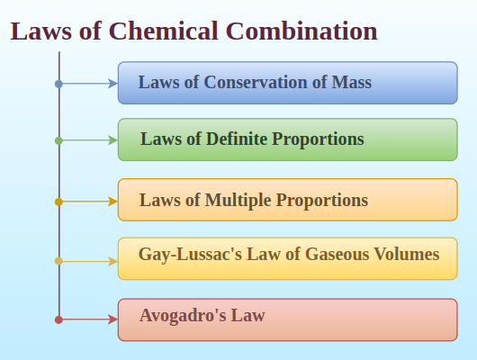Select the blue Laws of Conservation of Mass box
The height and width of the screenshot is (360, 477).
[x=287, y=83]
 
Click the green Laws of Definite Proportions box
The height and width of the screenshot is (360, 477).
[x=287, y=139]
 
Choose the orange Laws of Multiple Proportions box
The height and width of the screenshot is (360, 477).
[x=287, y=200]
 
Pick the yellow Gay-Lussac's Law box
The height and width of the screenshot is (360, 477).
[x=287, y=258]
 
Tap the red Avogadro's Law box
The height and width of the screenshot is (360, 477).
[x=287, y=319]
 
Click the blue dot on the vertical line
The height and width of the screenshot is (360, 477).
[x=58, y=84]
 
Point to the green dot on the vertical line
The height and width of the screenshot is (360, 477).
[x=58, y=140]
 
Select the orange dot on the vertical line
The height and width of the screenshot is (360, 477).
[x=58, y=202]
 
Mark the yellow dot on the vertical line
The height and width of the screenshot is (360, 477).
[x=58, y=261]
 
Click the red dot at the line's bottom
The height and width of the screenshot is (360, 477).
[x=58, y=319]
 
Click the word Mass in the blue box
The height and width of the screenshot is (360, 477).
[x=352, y=83]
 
